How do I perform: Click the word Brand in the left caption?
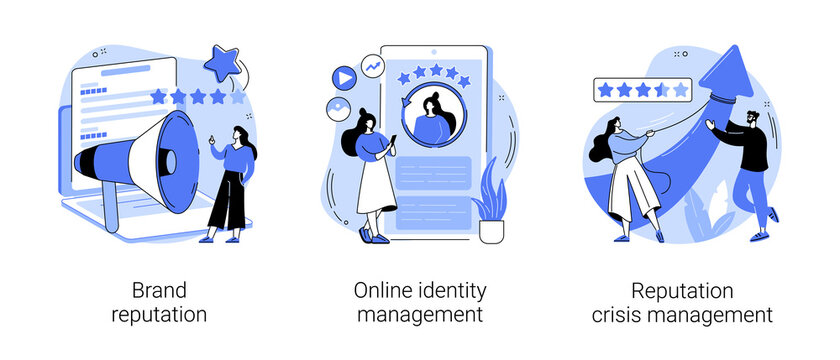tap(159, 291)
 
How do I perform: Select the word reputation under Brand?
tap(160, 315)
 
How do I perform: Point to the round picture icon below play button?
tap(336, 109)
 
